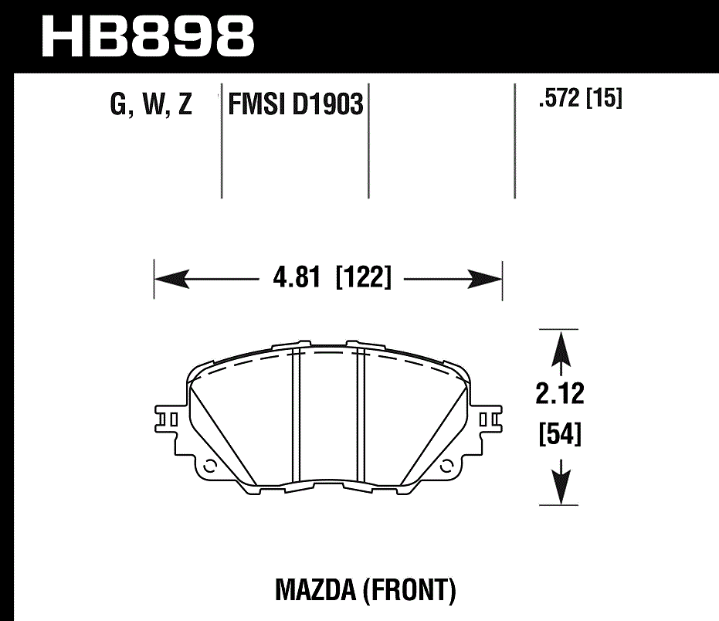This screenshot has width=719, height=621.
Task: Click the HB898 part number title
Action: pyautogui.click(x=147, y=35)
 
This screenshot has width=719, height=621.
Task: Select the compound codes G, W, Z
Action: pyautogui.click(x=151, y=103)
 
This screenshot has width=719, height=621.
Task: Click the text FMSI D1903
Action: pyautogui.click(x=295, y=104)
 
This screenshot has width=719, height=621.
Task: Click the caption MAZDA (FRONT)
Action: pyautogui.click(x=365, y=591)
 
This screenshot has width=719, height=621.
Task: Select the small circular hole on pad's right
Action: pyautogui.click(x=446, y=466)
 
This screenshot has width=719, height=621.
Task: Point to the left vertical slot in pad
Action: pyautogui.click(x=294, y=417)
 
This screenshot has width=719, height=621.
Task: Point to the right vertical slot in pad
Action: pyautogui.click(x=360, y=417)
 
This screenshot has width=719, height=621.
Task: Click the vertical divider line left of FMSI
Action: pyautogui.click(x=222, y=139)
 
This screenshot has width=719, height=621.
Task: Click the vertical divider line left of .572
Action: pyautogui.click(x=515, y=139)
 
